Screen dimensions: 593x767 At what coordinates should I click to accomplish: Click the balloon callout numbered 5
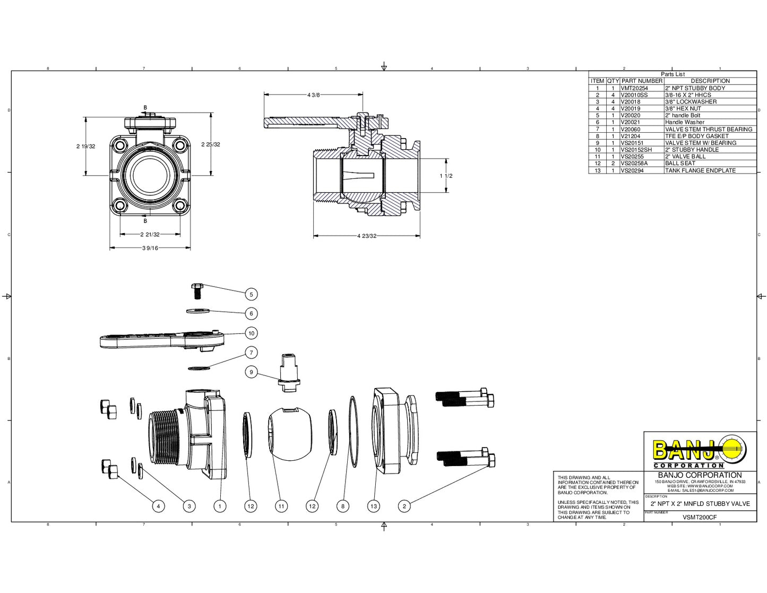coord(251,294)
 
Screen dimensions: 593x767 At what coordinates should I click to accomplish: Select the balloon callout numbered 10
coord(251,333)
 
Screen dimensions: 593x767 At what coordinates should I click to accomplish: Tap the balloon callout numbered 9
coord(251,372)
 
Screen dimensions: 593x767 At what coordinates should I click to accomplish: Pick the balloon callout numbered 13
coord(374,506)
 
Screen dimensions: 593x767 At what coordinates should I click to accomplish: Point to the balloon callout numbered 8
coord(343,506)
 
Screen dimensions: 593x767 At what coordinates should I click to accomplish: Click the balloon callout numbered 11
coord(281,506)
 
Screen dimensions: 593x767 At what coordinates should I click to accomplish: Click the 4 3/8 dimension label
coord(314,95)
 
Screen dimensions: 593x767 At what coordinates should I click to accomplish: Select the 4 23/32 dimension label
coord(367,236)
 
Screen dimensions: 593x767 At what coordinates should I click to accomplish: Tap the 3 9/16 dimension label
coord(150,248)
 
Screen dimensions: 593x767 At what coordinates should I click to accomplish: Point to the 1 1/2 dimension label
coord(446,176)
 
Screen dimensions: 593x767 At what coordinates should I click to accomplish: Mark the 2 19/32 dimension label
coord(86,146)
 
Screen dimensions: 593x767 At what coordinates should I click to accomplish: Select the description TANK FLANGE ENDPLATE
coord(700,170)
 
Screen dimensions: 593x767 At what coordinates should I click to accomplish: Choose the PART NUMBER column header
coord(642,81)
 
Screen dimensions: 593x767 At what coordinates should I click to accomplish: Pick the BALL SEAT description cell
coord(680,164)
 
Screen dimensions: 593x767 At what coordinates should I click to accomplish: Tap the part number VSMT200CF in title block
coord(700,517)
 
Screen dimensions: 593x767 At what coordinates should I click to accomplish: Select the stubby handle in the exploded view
coord(159,340)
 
